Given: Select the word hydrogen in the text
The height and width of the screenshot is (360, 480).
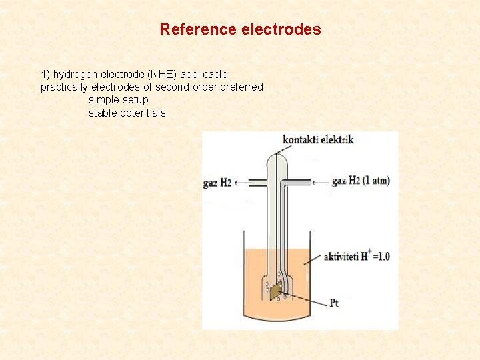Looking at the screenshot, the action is point(75,74).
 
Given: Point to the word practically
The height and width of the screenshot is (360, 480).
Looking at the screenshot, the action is point(64,87).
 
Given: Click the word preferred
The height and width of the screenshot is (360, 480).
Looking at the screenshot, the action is point(241,87).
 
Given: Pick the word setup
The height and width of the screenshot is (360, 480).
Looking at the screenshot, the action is point(135,99).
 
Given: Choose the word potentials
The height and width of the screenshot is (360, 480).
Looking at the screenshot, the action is point(143,113).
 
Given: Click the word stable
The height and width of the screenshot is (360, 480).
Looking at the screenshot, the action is point(103,113).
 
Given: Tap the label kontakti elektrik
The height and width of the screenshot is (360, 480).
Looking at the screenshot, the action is point(317,139).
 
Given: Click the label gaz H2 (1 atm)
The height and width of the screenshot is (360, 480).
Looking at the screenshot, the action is point(360,181).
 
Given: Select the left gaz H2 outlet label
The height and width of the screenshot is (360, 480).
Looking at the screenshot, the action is point(217,183).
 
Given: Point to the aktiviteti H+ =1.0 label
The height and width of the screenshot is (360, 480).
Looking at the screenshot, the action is point(357,256).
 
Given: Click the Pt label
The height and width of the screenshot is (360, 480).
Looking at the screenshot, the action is point(334,303).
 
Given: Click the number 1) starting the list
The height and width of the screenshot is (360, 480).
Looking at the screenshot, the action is point(45,74).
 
